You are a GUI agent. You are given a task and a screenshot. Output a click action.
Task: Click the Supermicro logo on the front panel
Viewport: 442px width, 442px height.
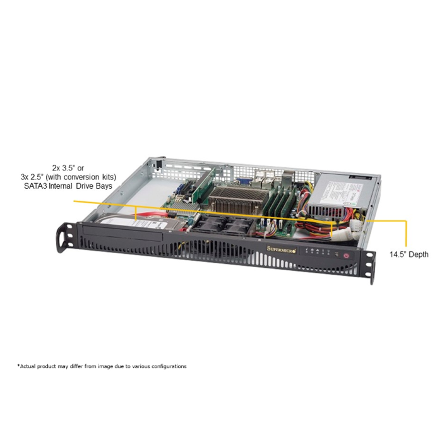[278, 249]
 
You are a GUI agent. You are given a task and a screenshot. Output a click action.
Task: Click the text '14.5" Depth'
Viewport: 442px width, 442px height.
[409, 254]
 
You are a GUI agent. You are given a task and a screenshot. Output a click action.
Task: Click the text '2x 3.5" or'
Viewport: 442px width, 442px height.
[75, 168]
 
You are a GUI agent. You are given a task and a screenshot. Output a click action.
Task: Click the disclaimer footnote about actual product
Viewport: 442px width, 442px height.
[102, 366]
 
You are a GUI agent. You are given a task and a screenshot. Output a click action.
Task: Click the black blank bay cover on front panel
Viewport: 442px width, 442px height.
[120, 239]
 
